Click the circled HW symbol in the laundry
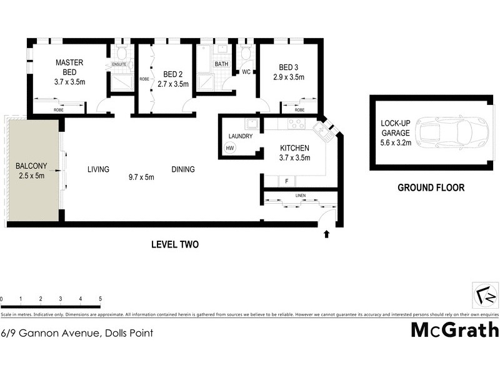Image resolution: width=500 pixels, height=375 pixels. tap(229, 148)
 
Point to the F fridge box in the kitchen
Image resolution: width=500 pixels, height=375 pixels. tap(286, 181)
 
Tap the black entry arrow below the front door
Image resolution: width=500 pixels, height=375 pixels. tap(326, 234)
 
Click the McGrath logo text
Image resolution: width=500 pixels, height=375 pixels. tap(454, 330)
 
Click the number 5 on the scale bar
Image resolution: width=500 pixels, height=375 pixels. tap(100, 299)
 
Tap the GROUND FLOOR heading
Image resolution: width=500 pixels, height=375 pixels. tap(431, 187)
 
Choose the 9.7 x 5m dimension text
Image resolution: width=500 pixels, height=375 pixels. tap(141, 177)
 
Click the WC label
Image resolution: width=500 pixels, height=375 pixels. tap(246, 72)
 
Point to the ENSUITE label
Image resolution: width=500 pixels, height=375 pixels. tap(120, 64)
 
